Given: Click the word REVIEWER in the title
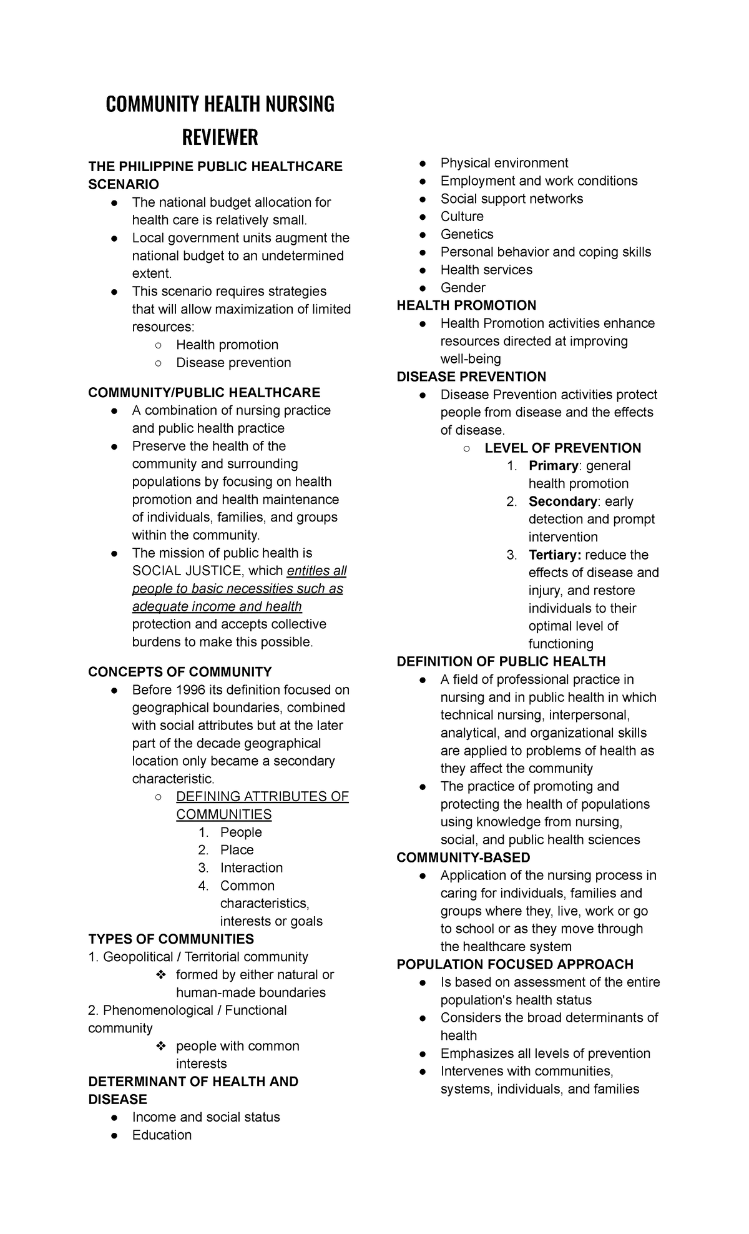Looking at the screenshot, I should tap(220, 137).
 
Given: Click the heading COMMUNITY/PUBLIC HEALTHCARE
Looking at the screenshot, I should tap(204, 392).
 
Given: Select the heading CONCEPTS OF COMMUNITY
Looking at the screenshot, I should tap(180, 672).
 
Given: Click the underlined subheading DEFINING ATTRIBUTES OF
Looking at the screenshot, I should tap(262, 797).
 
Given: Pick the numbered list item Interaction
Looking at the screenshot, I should tap(251, 868).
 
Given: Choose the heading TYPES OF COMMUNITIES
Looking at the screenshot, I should tap(171, 939).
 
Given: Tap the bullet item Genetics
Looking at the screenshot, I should tap(467, 234).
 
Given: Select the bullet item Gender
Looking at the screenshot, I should tap(463, 288).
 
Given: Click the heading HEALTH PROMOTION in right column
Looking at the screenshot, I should tap(466, 305).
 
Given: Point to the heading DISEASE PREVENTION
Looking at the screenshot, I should tap(471, 377).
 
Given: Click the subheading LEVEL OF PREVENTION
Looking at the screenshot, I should tap(562, 448).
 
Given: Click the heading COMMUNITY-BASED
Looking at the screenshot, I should tap(463, 857).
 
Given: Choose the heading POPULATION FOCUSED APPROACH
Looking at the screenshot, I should tap(515, 964).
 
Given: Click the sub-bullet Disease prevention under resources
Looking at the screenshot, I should tap(233, 363).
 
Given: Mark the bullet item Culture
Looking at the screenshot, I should tap(462, 217).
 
